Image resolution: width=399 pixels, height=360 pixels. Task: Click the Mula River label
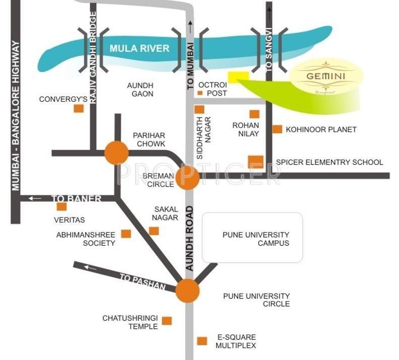(140, 49)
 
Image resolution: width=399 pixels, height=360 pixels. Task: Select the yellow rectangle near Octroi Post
(238, 77)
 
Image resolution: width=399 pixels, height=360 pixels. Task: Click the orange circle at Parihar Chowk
(116, 153)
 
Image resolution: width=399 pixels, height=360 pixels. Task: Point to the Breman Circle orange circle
(188, 177)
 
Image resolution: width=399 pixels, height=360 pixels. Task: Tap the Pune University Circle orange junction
(187, 291)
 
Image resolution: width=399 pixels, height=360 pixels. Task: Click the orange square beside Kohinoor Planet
(277, 129)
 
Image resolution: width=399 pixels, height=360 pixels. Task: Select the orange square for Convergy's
(79, 108)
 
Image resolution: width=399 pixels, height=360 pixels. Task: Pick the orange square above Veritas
(61, 206)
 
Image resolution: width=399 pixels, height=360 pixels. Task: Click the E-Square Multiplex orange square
(202, 341)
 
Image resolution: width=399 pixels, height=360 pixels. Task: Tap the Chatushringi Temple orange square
(167, 321)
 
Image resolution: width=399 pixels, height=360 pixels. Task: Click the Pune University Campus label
(256, 239)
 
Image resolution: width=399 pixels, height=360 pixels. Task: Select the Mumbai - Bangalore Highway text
(16, 116)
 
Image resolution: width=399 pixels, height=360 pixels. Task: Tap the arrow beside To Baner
(35, 198)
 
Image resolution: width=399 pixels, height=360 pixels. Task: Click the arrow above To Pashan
(90, 267)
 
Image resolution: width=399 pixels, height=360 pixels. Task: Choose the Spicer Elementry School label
(329, 162)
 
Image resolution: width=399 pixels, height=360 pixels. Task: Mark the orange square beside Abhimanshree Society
(126, 233)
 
